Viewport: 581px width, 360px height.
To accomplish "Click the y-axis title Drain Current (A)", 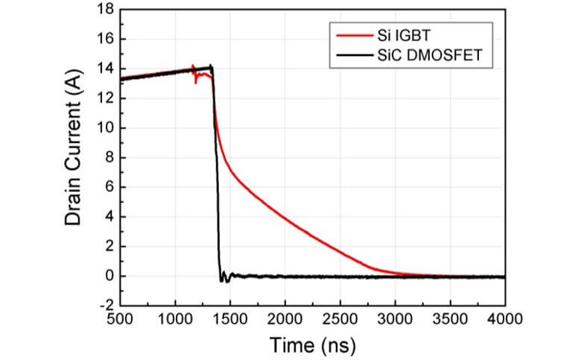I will click(73, 157).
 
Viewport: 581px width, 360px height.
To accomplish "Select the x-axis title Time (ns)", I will click(313, 345).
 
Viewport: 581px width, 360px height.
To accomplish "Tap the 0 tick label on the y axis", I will click(107, 276).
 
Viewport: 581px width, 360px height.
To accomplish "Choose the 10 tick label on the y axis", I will click(104, 127).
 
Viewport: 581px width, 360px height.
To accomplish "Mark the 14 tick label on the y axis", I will click(104, 69).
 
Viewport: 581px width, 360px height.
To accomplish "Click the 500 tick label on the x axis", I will click(120, 319).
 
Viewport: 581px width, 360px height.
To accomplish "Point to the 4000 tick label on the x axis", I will click(505, 319).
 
